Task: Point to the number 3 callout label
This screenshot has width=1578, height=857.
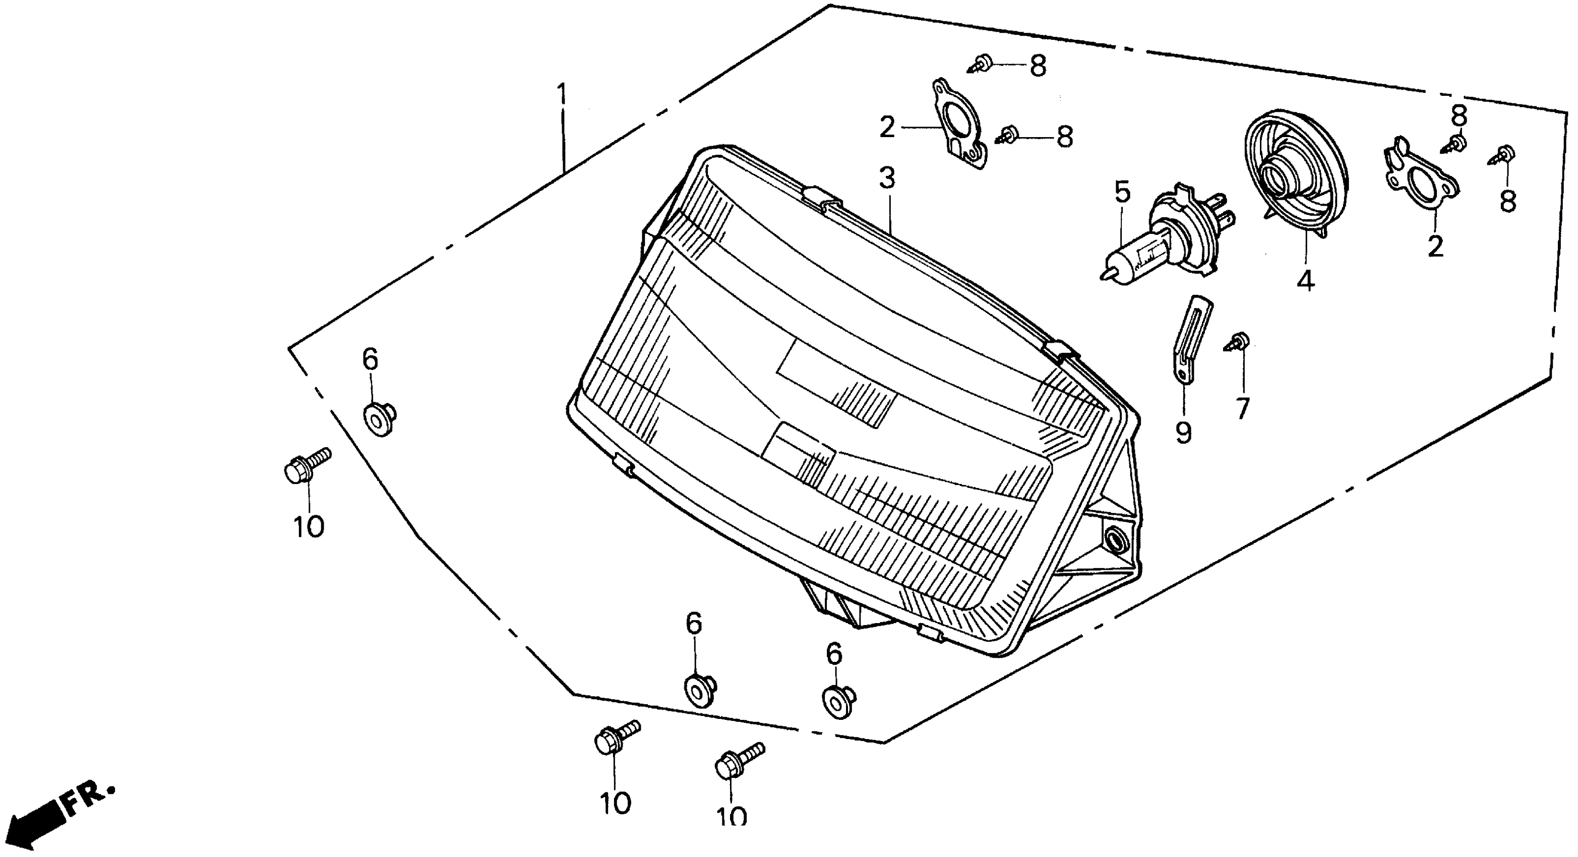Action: click(887, 179)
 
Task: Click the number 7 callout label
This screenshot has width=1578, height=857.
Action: click(1242, 409)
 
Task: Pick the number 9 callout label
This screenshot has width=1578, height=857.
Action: click(1184, 434)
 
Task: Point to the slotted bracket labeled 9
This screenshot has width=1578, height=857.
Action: click(1188, 340)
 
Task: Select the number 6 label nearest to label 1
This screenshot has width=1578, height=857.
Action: click(370, 359)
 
